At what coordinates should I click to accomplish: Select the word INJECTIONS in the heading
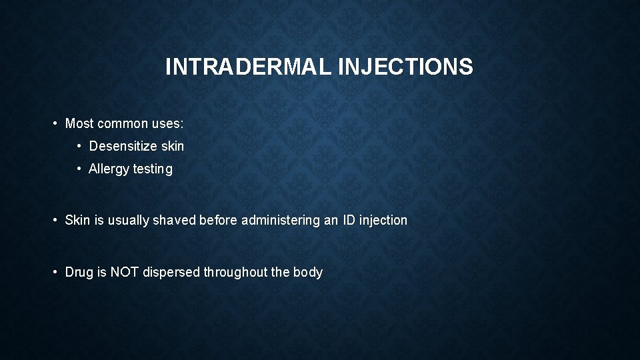(406, 67)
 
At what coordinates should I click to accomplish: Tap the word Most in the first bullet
(79, 124)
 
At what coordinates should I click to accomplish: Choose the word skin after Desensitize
(171, 145)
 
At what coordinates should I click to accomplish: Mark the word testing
(153, 169)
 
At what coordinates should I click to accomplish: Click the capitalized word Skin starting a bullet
(77, 220)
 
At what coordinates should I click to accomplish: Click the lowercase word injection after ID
(384, 220)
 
